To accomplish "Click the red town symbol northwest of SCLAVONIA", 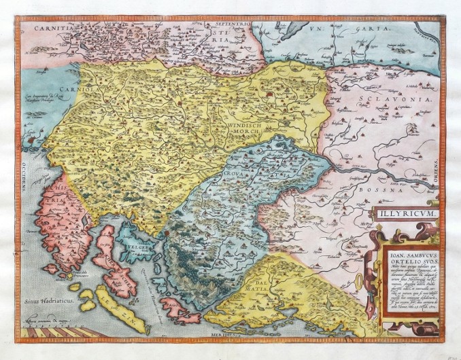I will [x=273, y=96].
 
